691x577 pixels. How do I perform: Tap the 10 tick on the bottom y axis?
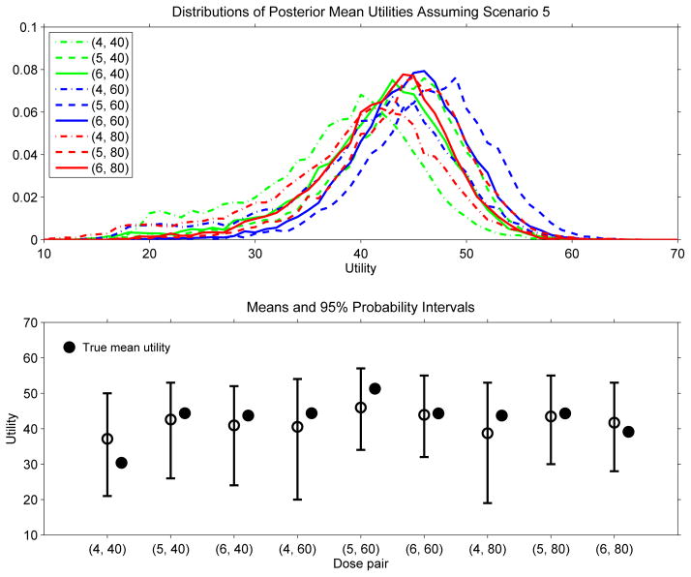coord(30,534)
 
